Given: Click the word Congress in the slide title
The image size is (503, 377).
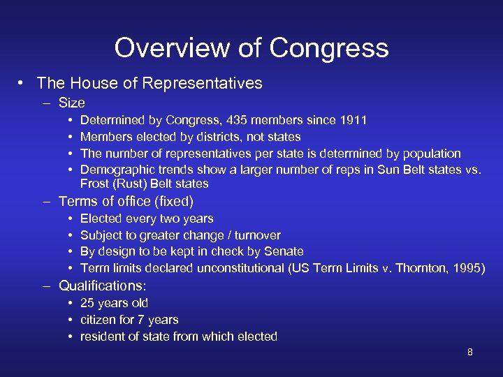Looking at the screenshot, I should pyautogui.click(x=329, y=48).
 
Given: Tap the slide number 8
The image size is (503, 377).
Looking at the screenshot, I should pyautogui.click(x=469, y=352).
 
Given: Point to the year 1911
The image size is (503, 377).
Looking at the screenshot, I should pyautogui.click(x=352, y=120).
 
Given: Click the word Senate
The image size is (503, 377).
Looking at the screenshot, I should pyautogui.click(x=286, y=251).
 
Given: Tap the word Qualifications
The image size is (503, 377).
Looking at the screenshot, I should pyautogui.click(x=101, y=286).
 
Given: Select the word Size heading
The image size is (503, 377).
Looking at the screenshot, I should pyautogui.click(x=71, y=103).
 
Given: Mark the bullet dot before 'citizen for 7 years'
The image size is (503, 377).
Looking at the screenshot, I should pyautogui.click(x=72, y=320).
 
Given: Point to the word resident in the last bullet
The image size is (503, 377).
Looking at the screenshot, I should pyautogui.click(x=103, y=337).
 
